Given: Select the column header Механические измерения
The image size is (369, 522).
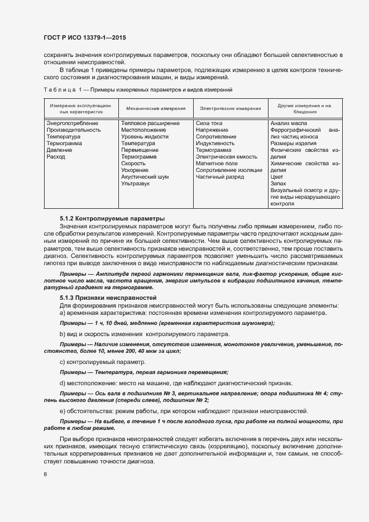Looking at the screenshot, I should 155,108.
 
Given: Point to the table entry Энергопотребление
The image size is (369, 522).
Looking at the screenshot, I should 73,123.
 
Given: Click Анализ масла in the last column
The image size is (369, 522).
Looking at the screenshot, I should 288,123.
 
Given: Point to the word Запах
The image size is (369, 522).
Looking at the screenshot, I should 278,184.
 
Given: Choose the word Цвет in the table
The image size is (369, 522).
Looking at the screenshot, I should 276,177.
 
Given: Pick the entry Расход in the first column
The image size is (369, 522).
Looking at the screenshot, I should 56,157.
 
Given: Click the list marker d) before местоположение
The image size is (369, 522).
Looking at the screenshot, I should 61,383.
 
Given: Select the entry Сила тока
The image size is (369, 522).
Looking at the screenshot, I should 209,123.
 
